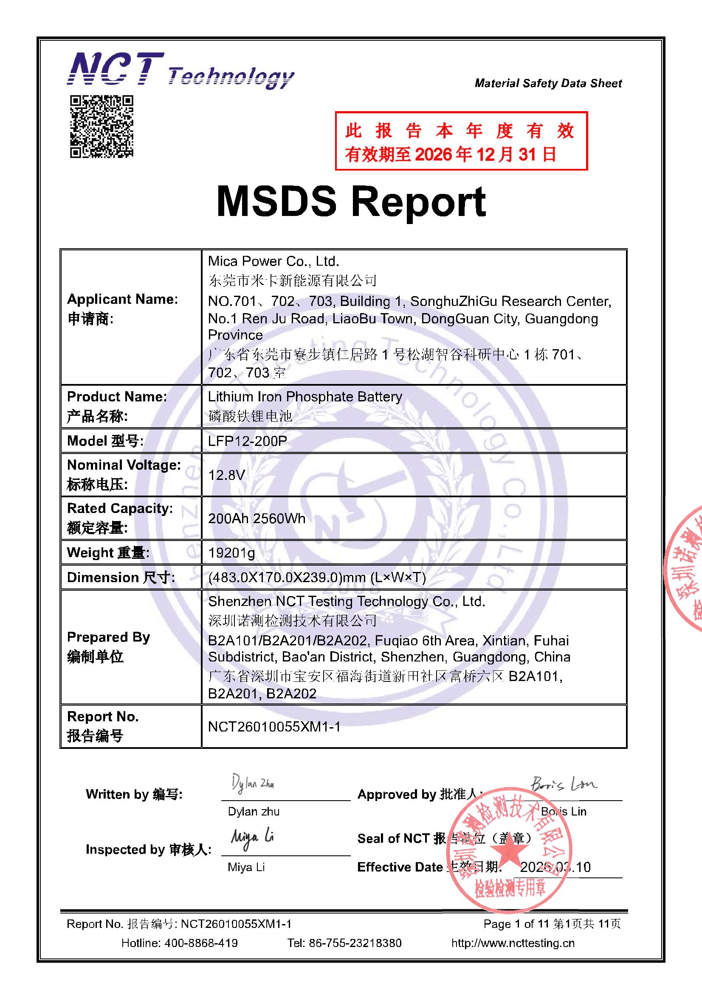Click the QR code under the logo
[101, 126]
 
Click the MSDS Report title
[351, 202]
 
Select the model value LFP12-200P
[248, 441]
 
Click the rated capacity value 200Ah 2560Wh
[257, 518]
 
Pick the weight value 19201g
[231, 552]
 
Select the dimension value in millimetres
[317, 577]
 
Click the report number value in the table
[274, 727]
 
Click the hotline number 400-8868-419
[201, 943]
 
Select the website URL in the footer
[513, 943]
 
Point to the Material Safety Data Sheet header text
[548, 83]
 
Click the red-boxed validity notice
[461, 141]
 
